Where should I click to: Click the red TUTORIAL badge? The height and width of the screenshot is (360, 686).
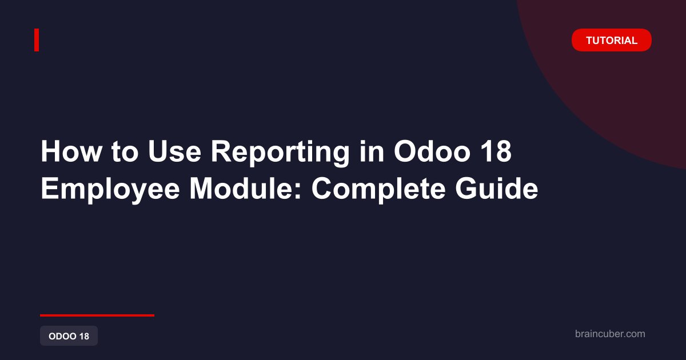coord(612,40)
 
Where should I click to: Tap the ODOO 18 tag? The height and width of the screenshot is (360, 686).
coord(69,336)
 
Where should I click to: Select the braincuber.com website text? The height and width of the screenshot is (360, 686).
coord(610,334)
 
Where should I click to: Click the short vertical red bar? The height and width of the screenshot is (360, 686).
coord(37,40)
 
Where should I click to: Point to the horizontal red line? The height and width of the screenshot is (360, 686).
coord(97,315)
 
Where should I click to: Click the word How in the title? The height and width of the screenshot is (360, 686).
coord(71,151)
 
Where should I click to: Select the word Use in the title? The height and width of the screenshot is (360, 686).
coord(174,151)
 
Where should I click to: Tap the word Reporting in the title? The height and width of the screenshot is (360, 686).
coord(280,153)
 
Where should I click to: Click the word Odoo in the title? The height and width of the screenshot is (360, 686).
coord(432,151)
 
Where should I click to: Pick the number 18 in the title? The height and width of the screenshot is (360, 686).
coord(496,151)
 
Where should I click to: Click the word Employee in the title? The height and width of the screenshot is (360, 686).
coord(110,190)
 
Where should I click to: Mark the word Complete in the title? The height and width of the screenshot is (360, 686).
coord(378,190)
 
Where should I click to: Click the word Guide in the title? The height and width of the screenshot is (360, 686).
coord(496,188)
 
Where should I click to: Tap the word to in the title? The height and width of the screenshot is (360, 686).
coord(125,152)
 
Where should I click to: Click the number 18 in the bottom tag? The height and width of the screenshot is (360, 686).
coord(84,336)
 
